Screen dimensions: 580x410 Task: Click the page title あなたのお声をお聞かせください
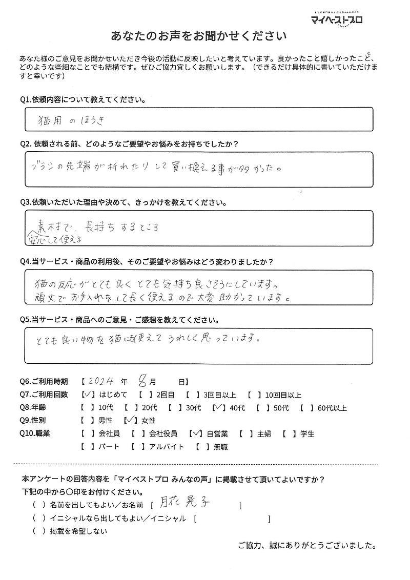199,37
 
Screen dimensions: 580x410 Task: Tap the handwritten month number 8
143,381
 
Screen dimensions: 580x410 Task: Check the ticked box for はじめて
86,395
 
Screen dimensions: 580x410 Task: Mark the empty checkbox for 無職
201,447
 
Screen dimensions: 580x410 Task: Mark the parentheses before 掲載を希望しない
36,531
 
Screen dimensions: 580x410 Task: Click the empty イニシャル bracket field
232,519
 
